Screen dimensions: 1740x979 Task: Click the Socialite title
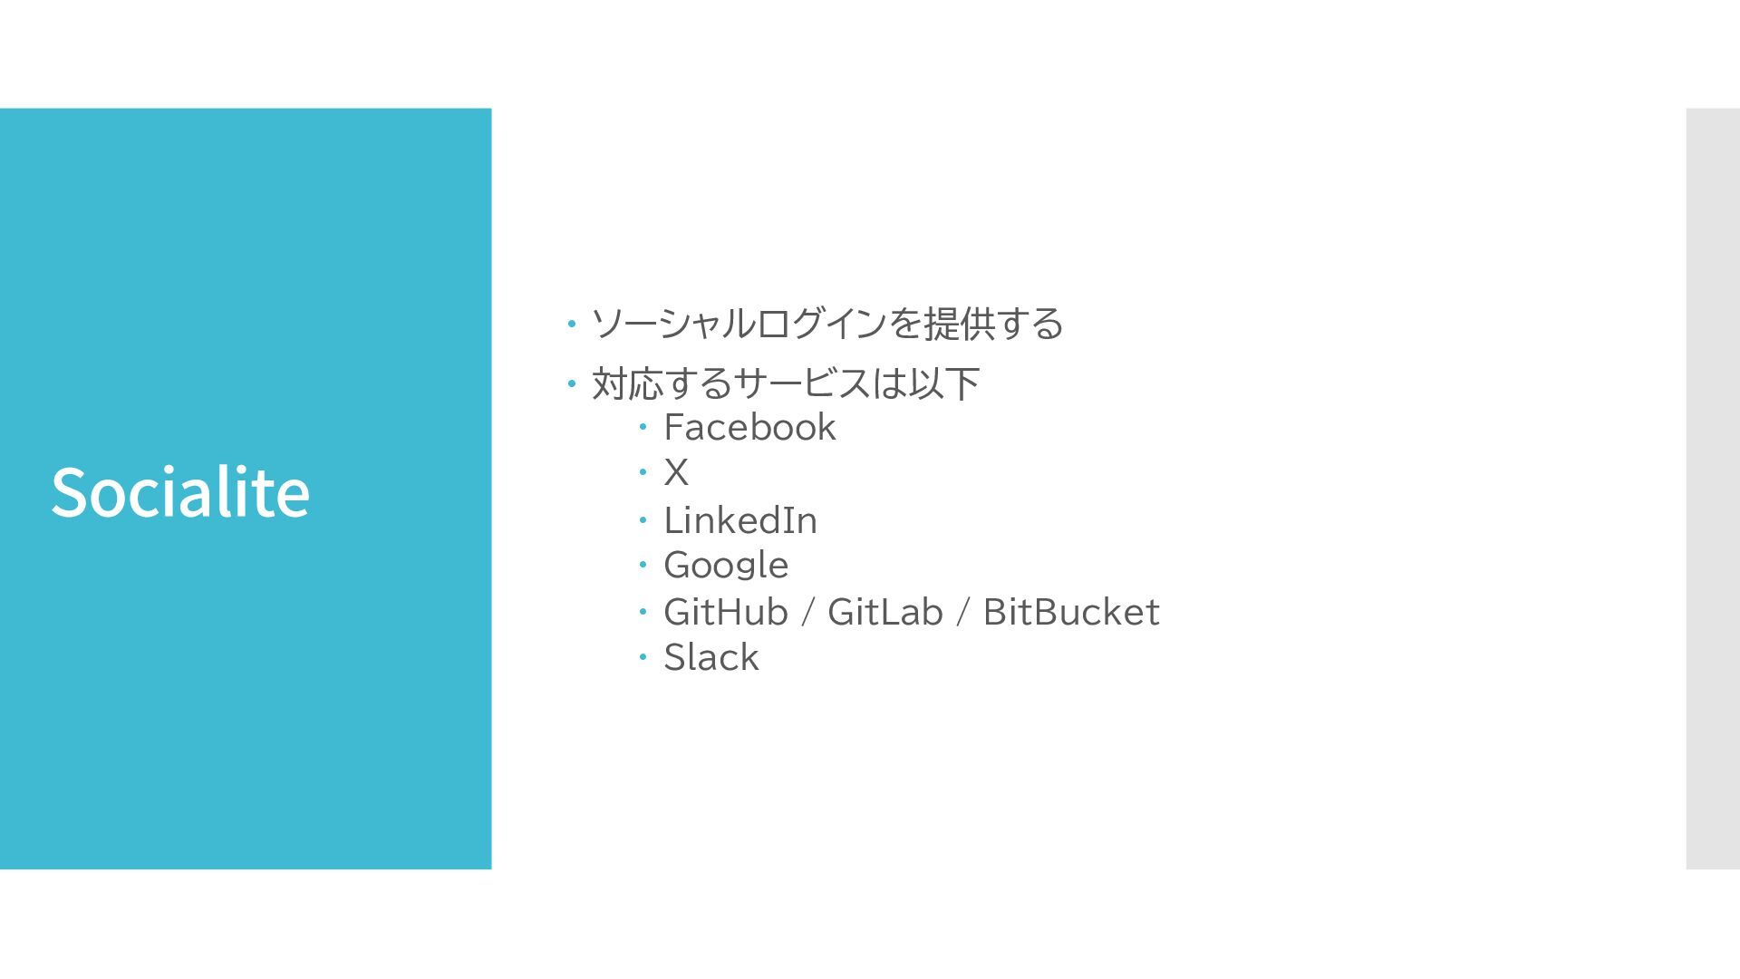coord(180,491)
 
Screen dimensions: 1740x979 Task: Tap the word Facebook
coord(749,427)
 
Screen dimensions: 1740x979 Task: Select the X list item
coord(676,472)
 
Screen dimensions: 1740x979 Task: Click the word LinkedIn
coord(740,520)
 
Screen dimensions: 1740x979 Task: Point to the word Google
coord(726,566)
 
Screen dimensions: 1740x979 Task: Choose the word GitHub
coord(726,612)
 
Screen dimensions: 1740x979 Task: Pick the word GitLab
coord(884,612)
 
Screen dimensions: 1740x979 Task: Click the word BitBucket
coord(1070,612)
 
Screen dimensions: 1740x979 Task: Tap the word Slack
coord(710,657)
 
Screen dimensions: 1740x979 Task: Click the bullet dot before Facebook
coord(642,426)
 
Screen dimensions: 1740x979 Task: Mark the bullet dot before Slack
coord(642,656)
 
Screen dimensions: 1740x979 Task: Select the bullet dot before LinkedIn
coord(642,519)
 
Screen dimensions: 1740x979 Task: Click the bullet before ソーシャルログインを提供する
coord(571,324)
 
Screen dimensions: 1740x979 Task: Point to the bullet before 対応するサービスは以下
coord(571,383)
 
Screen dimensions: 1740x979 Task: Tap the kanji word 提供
coord(960,324)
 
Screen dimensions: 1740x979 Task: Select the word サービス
coord(801,383)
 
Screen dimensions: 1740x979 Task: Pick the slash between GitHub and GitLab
coord(807,612)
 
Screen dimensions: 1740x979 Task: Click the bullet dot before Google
coord(642,564)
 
